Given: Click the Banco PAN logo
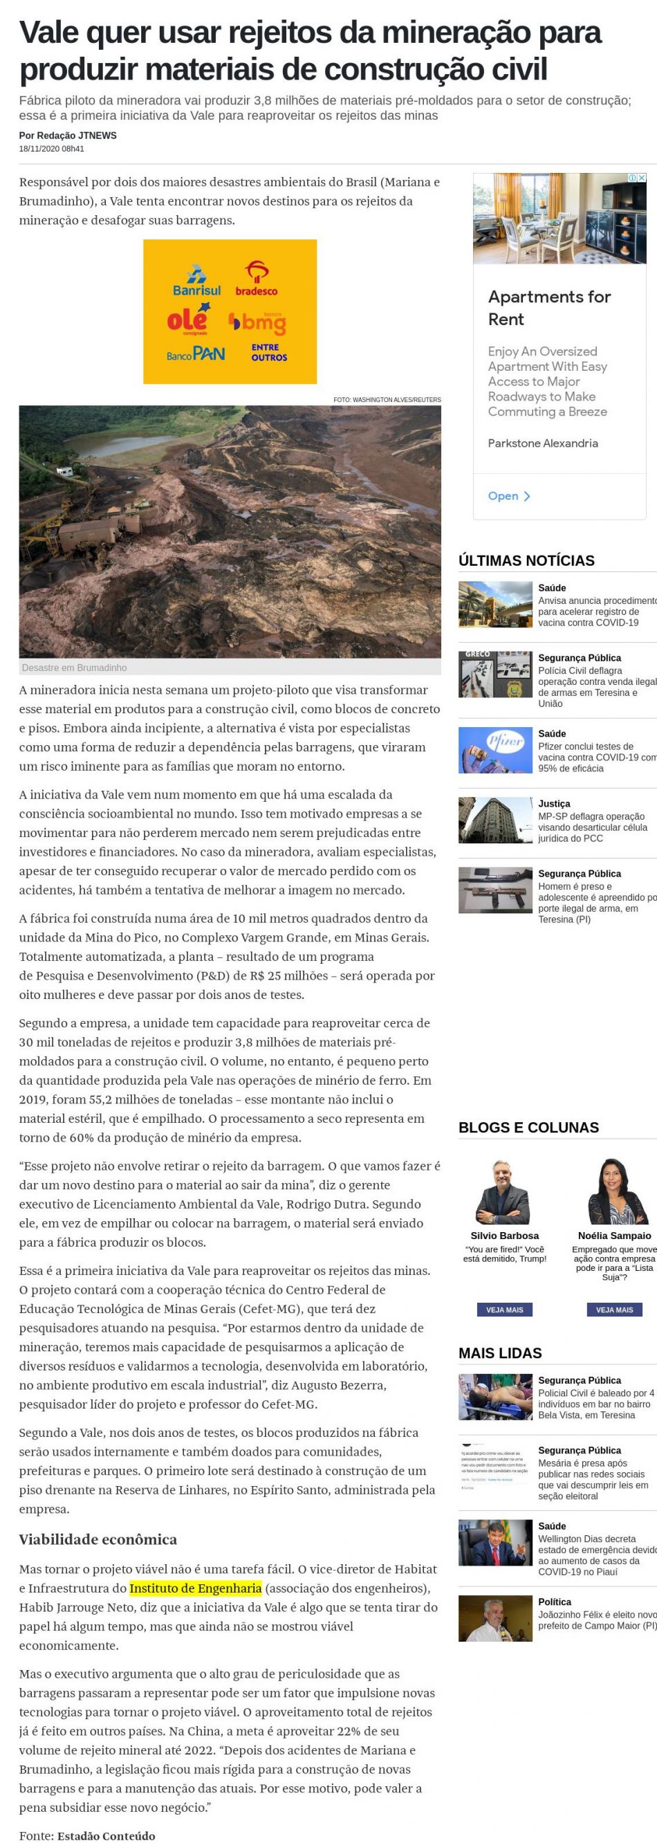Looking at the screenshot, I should (195, 354).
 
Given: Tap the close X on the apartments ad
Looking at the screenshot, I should (642, 177).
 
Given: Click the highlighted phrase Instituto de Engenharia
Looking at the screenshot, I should (195, 1588).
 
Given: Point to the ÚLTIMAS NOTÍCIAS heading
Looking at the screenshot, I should (526, 560).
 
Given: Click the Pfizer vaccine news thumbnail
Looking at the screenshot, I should (494, 750).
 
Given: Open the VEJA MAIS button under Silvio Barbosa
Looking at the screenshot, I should (505, 1310).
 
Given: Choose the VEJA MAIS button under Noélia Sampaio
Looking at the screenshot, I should (614, 1310).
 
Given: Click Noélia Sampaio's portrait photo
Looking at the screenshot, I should (614, 1191).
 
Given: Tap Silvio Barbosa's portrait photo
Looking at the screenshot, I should (505, 1193).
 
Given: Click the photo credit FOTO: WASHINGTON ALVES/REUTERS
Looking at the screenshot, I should (387, 399).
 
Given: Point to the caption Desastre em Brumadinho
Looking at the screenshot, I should (75, 668).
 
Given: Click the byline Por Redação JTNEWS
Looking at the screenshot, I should (68, 135).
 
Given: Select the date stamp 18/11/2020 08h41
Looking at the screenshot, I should (51, 149).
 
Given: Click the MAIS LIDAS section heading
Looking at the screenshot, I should (500, 1353).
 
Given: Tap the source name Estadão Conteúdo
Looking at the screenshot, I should (106, 1836).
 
